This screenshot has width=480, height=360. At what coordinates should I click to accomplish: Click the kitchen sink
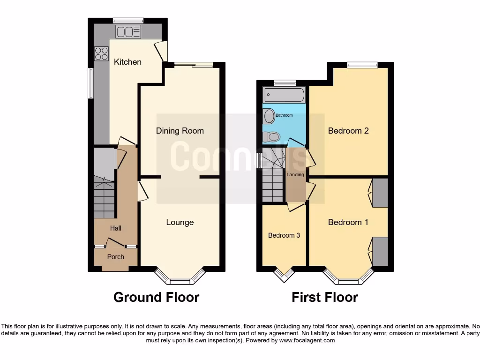tap(128, 32)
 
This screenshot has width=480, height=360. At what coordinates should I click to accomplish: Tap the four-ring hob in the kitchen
tap(101, 53)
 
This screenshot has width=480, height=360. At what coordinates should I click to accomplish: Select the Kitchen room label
tap(127, 62)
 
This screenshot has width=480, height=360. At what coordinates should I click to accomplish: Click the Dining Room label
tap(180, 131)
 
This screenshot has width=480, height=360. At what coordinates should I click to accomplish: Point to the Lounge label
tap(180, 222)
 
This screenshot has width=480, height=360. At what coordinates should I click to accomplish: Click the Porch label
tap(116, 257)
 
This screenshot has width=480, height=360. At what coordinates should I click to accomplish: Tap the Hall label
tap(116, 228)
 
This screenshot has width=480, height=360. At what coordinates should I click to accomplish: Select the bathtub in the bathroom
tap(285, 95)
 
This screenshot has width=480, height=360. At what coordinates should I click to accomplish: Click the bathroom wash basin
tap(269, 116)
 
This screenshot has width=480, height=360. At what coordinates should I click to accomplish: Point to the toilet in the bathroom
tap(271, 137)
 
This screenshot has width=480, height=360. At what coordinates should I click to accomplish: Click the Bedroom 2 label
tap(348, 131)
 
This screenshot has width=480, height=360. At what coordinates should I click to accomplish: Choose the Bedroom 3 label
tap(284, 235)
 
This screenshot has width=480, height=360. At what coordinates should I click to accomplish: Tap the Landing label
tap(295, 175)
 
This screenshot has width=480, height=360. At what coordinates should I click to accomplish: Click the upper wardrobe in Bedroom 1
tap(380, 193)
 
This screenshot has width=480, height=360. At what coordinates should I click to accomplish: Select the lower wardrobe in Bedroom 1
tap(380, 251)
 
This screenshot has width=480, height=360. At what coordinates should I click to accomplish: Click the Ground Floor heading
tap(156, 297)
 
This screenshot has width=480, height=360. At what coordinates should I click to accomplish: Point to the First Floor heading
tap(325, 297)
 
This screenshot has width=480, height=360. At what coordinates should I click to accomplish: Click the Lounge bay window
tap(180, 280)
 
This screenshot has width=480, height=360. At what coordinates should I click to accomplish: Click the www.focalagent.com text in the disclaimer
tap(307, 340)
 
